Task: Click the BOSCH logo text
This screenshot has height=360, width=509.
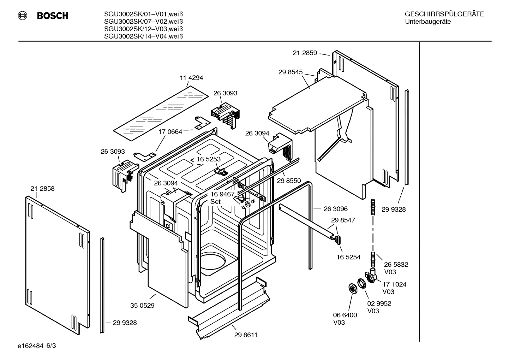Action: (53, 16)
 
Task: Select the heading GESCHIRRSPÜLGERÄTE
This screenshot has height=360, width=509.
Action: (444, 14)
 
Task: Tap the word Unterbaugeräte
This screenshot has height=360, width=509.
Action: (427, 22)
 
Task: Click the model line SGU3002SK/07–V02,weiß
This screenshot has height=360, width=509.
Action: (143, 22)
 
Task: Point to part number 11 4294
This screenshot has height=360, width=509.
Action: (191, 78)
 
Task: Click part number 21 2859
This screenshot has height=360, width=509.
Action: (305, 53)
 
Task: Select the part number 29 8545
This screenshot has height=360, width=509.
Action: (291, 72)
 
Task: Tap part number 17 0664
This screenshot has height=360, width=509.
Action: (170, 132)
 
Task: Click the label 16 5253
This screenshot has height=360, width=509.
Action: (209, 159)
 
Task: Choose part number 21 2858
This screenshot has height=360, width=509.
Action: (42, 189)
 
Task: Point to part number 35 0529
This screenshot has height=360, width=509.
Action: (142, 305)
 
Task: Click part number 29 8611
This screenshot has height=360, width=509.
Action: (246, 335)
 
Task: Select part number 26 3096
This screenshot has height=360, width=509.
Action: (336, 209)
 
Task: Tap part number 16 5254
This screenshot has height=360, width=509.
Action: (348, 257)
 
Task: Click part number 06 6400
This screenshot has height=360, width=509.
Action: (345, 315)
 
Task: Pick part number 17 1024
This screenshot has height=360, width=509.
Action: (394, 284)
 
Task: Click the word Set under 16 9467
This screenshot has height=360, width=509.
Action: (215, 202)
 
